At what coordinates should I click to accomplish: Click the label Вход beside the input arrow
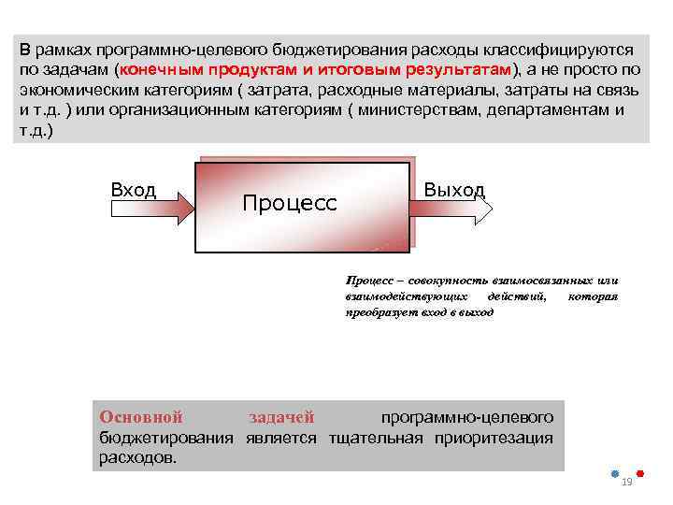(134, 190)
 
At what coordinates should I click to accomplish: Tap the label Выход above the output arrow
(454, 190)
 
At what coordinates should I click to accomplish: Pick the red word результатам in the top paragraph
(456, 70)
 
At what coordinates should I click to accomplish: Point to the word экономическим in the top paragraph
(74, 91)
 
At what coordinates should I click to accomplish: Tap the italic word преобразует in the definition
(382, 312)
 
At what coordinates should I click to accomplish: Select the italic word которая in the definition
(594, 296)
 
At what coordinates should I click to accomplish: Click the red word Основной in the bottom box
(141, 417)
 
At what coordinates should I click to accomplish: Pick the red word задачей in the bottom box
(282, 417)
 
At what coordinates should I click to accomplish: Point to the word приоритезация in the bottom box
(502, 438)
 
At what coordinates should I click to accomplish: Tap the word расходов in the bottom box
(137, 457)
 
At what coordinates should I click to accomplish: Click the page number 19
(627, 482)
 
